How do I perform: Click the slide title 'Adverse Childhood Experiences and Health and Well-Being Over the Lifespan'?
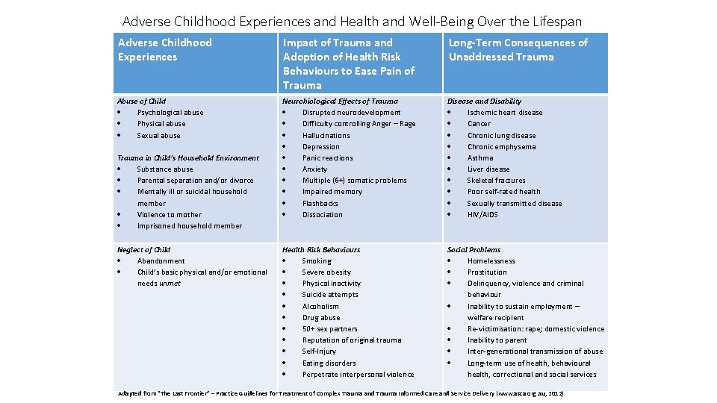(352, 21)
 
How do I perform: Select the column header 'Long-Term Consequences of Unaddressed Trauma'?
(518, 50)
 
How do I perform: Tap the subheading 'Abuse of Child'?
(142, 101)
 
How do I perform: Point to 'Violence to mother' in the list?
(169, 214)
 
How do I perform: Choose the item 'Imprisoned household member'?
(189, 225)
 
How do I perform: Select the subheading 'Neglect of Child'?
(144, 249)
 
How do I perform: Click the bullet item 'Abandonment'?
(161, 260)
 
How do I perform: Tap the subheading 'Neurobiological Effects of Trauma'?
(340, 101)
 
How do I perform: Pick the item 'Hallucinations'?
(326, 135)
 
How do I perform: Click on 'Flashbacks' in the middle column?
(320, 203)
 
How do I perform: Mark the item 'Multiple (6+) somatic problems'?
(354, 180)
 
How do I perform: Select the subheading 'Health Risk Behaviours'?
(321, 249)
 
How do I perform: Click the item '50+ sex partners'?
(329, 328)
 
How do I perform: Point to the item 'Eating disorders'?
(329, 363)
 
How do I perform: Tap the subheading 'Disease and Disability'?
(484, 101)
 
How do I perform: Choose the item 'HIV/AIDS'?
(482, 214)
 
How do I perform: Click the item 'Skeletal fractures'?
(496, 180)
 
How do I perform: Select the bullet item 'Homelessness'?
(491, 260)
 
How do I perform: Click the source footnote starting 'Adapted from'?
(341, 393)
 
